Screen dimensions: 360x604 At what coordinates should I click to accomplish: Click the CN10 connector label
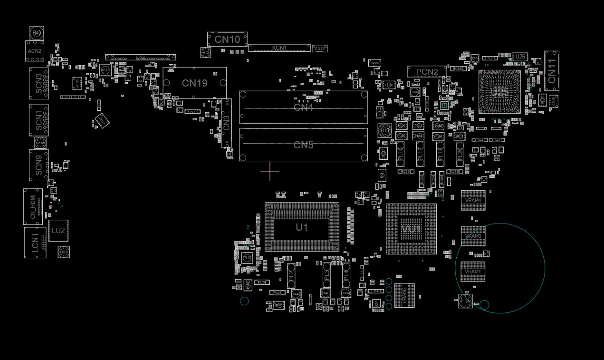coord(227,39)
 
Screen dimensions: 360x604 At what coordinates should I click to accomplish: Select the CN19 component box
coord(194,83)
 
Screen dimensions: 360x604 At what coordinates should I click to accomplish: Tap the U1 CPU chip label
coord(302,227)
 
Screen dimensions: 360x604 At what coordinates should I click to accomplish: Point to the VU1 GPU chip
coord(411,229)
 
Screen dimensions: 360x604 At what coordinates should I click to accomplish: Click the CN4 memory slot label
coord(303,107)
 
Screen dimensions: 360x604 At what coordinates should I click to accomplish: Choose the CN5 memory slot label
coord(303,145)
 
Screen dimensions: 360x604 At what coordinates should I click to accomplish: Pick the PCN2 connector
coord(427,72)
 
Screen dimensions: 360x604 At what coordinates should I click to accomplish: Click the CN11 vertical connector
coord(552,71)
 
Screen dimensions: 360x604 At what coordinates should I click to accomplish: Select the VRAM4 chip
coord(473,200)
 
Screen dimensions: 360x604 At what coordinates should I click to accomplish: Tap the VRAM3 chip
coord(473,236)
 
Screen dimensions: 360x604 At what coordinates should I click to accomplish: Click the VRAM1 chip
coord(473,272)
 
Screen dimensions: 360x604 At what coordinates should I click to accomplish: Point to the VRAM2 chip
coord(404,295)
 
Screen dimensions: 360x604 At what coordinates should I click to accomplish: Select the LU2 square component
coord(58,231)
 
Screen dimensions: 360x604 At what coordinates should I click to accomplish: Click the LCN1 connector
coord(35,243)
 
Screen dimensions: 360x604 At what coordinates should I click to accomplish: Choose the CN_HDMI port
coord(33,206)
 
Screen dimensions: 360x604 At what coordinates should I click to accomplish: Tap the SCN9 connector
coord(38,165)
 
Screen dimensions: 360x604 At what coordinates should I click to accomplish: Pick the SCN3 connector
coord(38,83)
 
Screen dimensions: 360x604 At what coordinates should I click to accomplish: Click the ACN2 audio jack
coord(35,51)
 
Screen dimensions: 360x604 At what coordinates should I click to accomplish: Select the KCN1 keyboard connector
coord(279,48)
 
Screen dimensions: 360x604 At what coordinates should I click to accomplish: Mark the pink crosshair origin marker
coord(270,171)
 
